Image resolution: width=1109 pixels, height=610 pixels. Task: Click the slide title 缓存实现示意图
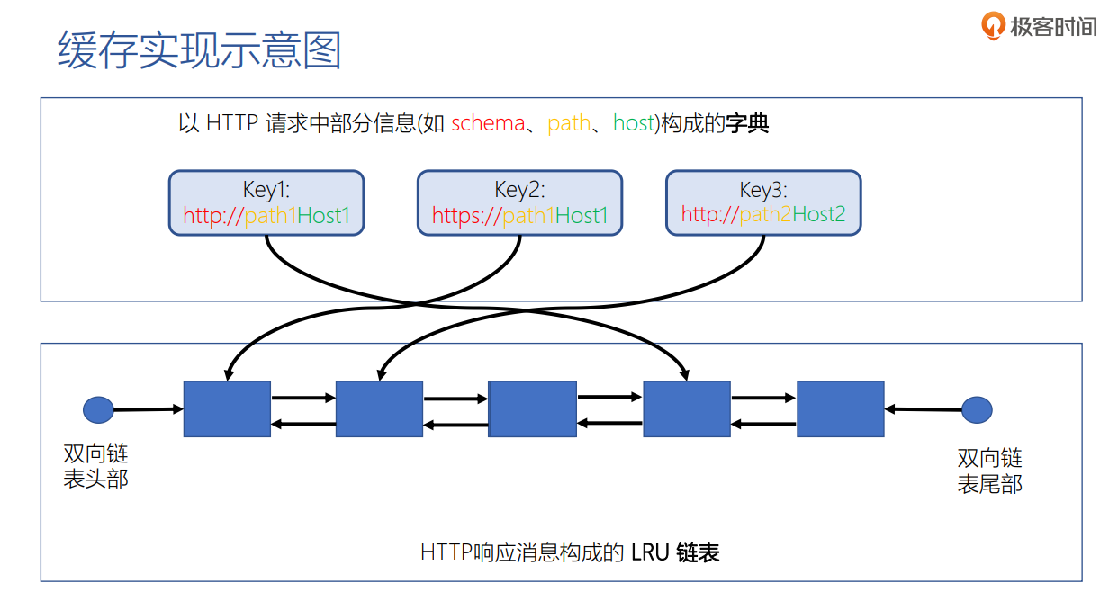(200, 50)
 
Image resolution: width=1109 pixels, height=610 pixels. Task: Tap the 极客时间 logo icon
(993, 26)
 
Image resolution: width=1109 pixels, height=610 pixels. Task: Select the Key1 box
(266, 203)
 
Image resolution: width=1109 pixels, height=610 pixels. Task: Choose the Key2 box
(519, 203)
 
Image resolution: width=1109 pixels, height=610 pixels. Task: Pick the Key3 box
(763, 203)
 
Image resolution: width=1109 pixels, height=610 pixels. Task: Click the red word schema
(487, 123)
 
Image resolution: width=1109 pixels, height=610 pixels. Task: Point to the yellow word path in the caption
(569, 123)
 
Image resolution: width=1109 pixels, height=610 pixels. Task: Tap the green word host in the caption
(633, 123)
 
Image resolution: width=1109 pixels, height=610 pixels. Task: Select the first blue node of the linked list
(227, 409)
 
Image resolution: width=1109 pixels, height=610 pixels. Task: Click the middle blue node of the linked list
(532, 409)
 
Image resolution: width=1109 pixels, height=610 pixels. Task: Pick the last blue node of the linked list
(840, 409)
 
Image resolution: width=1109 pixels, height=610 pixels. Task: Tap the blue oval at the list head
(98, 410)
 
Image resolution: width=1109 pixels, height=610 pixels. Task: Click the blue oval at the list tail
(977, 410)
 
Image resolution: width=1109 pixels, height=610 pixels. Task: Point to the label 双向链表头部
(95, 466)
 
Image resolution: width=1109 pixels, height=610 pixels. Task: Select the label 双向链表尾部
(989, 471)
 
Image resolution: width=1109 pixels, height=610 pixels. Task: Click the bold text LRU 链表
(675, 552)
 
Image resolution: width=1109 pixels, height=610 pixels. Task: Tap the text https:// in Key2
(466, 216)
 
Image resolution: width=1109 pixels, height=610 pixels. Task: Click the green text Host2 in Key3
(818, 215)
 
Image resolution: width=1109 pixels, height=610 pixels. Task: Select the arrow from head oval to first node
(149, 409)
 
